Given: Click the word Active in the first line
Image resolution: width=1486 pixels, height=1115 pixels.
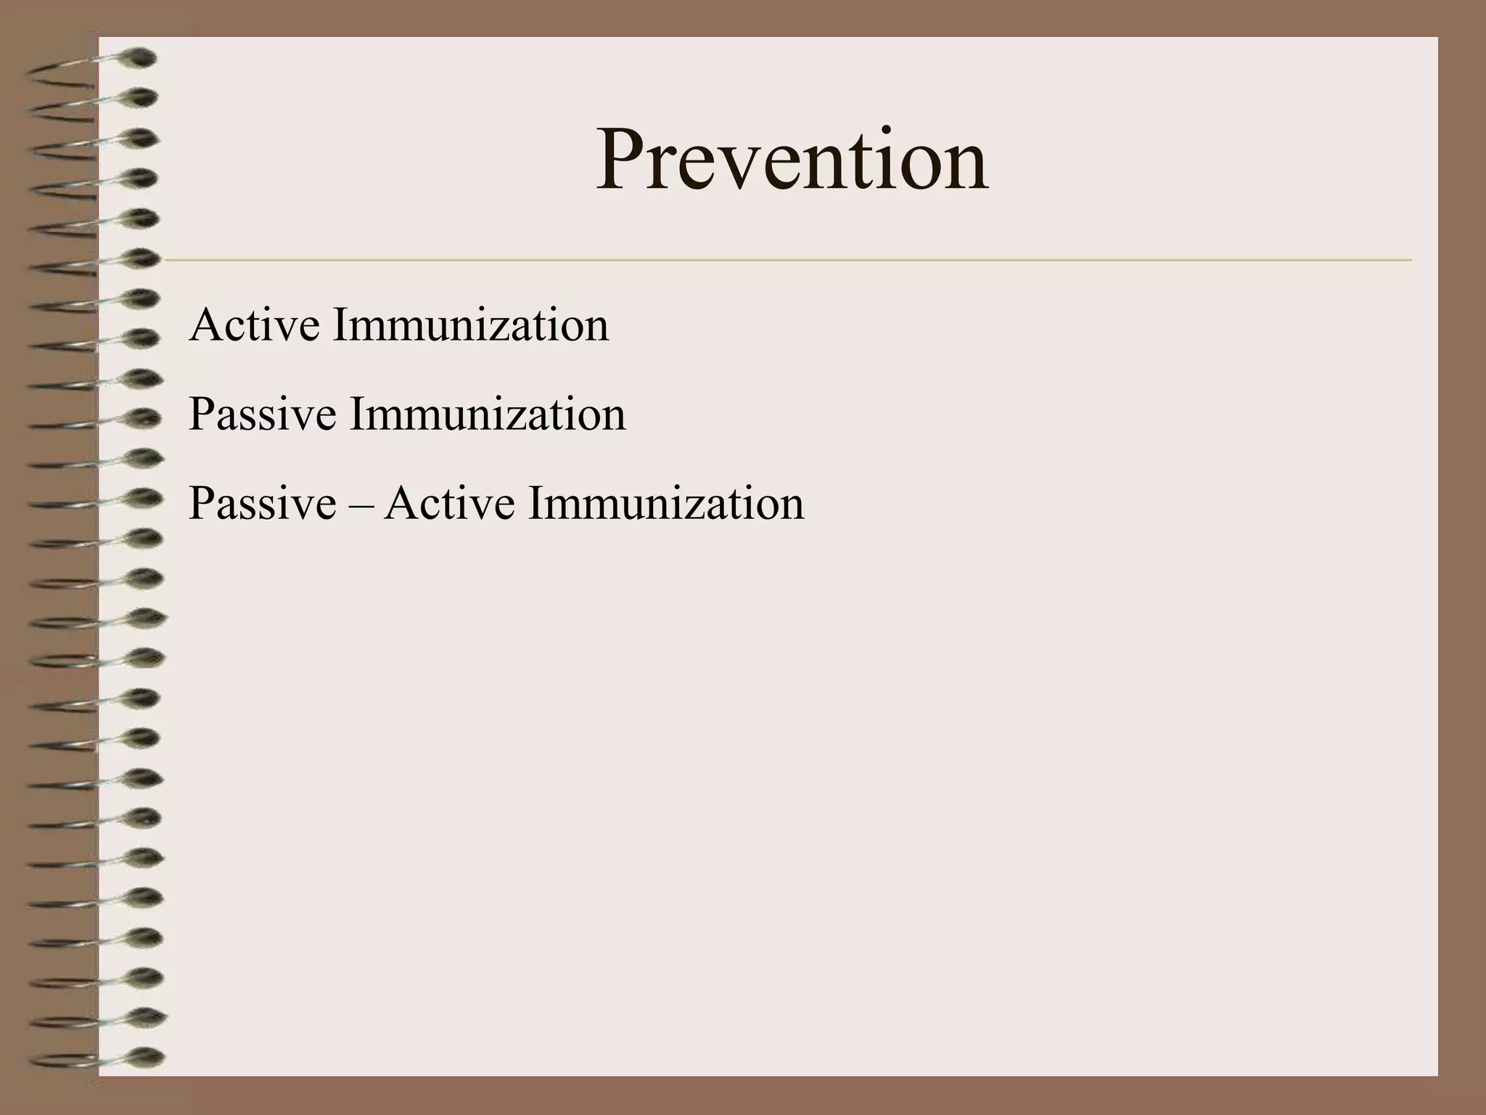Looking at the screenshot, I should [x=254, y=324].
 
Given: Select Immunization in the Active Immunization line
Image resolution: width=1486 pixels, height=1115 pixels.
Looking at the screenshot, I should [x=470, y=324].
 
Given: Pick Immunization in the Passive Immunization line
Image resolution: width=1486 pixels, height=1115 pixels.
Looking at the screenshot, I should [x=487, y=414].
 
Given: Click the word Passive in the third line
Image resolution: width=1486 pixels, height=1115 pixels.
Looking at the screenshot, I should [x=262, y=503].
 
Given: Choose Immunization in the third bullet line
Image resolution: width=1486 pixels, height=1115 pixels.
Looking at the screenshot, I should [x=665, y=503].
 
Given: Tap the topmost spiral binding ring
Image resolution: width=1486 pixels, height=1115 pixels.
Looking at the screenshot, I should [x=138, y=57].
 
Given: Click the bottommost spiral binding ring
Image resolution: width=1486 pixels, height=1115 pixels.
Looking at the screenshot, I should [x=142, y=1055].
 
